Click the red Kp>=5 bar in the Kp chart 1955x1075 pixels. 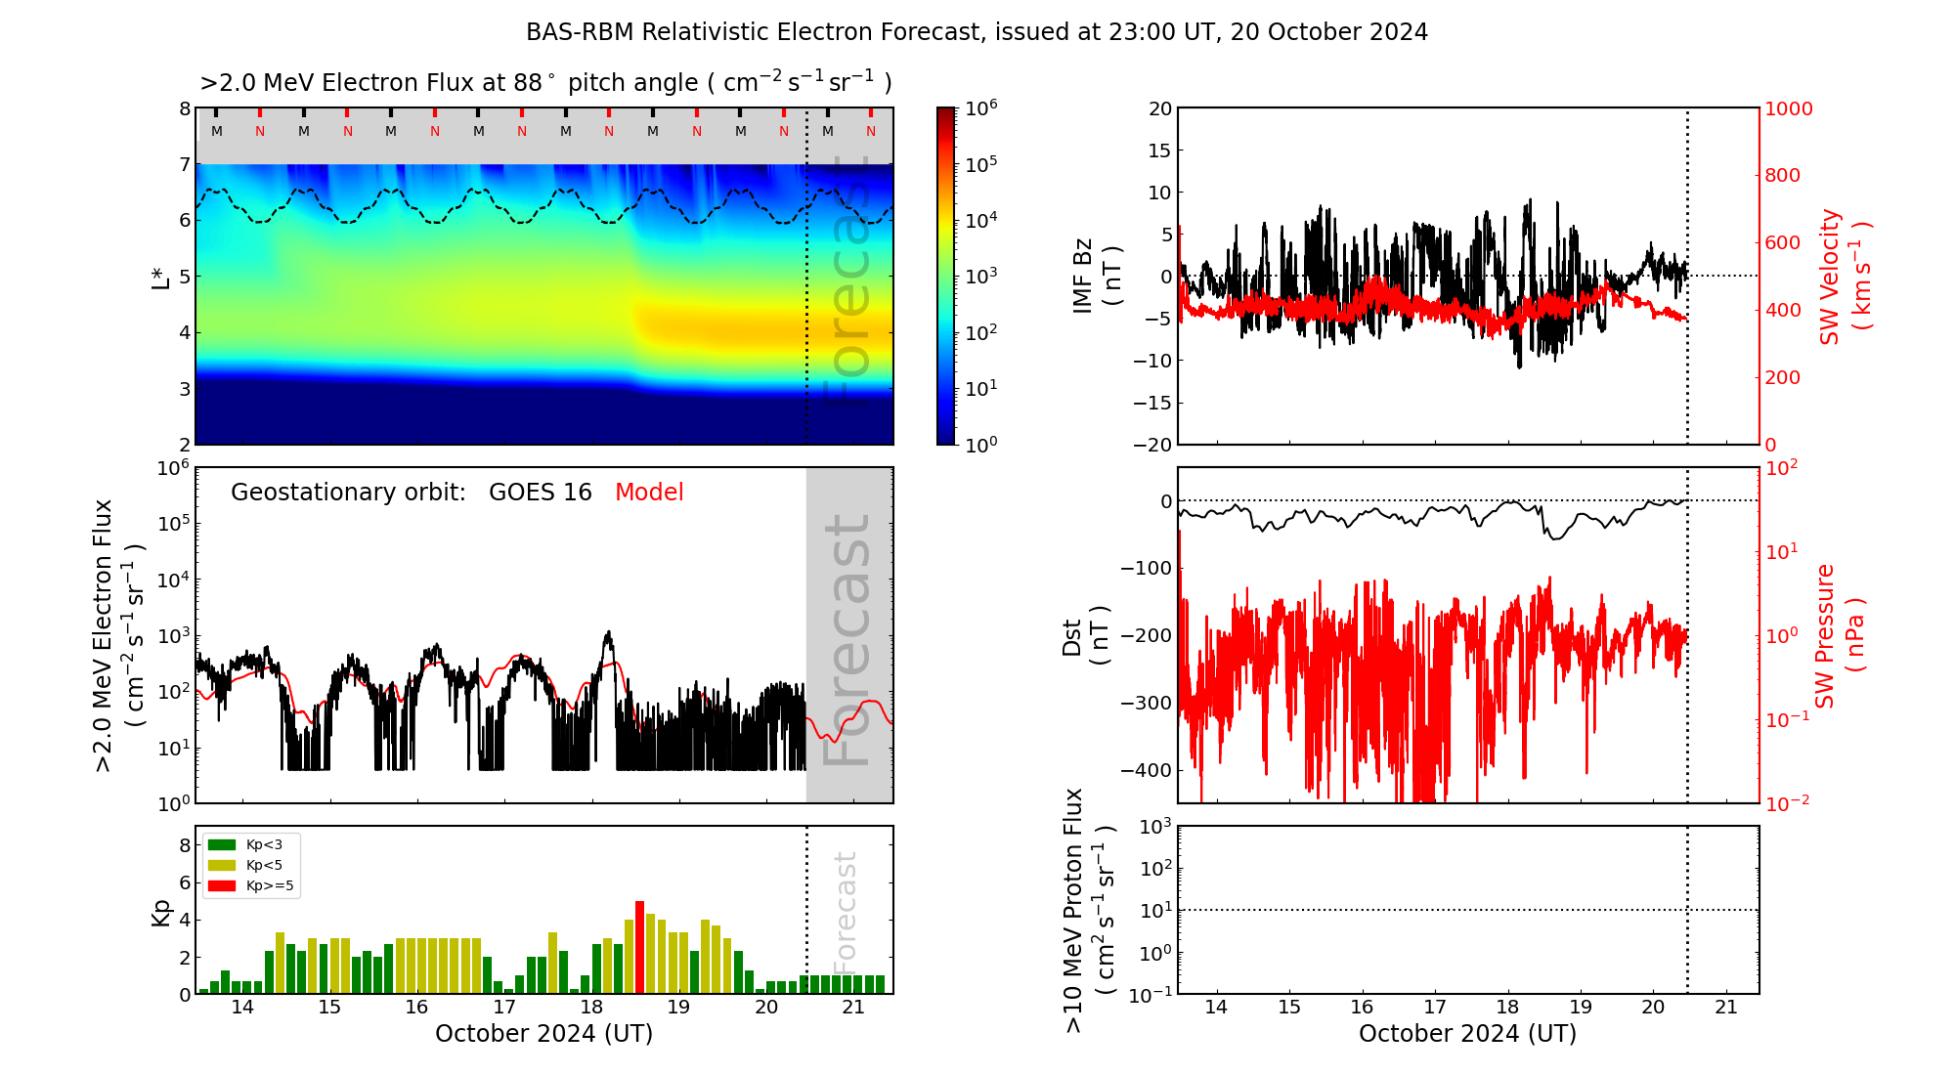coord(639,947)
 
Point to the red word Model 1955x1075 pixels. coord(649,493)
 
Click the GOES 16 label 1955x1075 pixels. coord(541,493)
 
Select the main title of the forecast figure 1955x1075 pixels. coord(977,32)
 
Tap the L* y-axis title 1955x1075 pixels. coord(161,277)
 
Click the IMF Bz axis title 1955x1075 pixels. coord(1096,276)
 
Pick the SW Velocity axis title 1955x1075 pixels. coord(1844,276)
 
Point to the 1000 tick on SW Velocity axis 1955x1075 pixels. coord(1788,108)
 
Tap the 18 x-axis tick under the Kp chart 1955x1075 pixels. coord(591,1008)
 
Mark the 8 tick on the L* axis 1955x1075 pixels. coord(184,108)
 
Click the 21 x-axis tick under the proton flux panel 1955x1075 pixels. coord(1725,1008)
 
